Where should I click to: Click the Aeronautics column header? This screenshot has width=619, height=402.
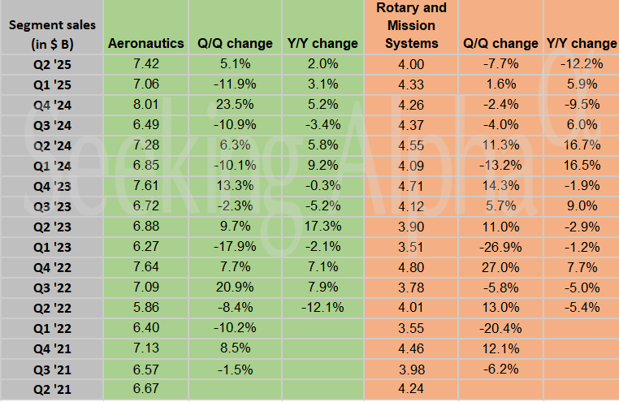click(x=145, y=43)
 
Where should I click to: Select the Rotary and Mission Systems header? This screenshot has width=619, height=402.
click(x=411, y=25)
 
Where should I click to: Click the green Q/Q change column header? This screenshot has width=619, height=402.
click(x=235, y=43)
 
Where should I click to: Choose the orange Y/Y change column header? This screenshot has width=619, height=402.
click(x=582, y=43)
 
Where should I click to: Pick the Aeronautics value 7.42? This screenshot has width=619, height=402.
click(x=145, y=63)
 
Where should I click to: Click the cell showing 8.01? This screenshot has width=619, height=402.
click(x=145, y=104)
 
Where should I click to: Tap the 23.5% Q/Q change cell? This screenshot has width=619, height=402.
click(x=235, y=104)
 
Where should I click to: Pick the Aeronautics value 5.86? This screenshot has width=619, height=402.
click(x=145, y=307)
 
